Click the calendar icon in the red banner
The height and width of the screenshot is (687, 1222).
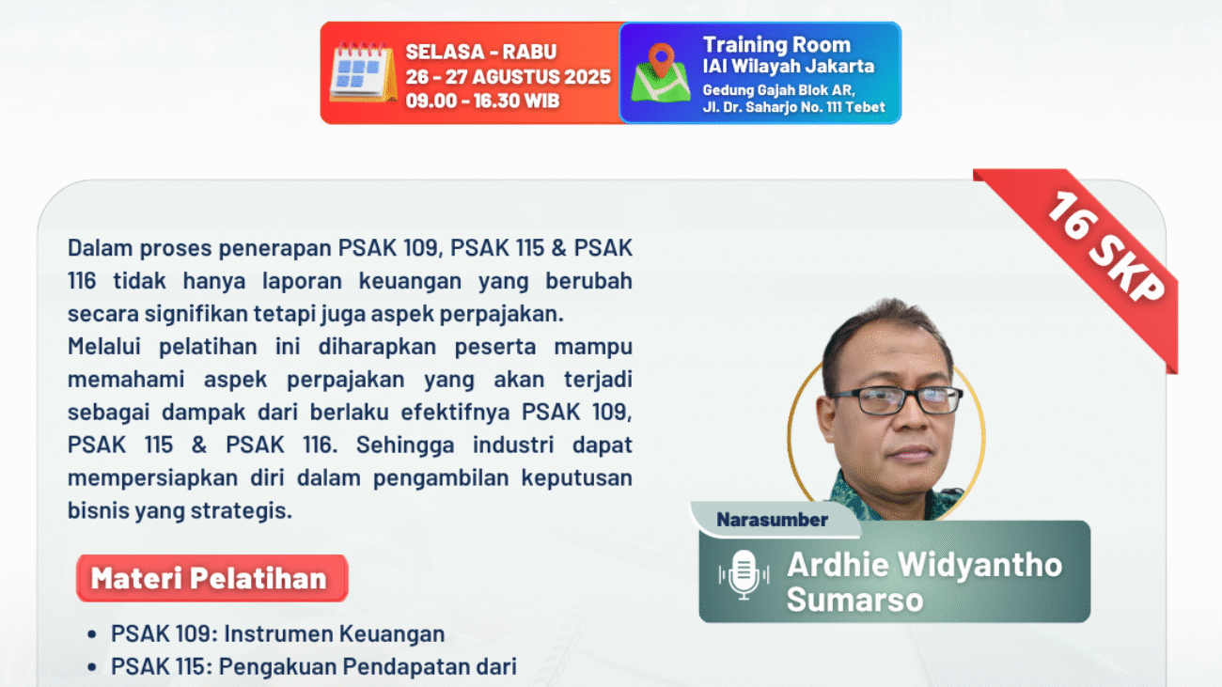coord(363,73)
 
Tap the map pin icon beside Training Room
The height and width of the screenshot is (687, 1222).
coord(661,72)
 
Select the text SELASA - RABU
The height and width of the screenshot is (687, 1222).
coord(480,53)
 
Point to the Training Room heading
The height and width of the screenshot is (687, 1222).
coord(776,45)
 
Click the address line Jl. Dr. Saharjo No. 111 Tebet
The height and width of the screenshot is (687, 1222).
coord(793,107)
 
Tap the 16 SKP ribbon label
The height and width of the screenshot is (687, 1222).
coord(1104,247)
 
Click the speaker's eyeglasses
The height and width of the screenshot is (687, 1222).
coord(894,400)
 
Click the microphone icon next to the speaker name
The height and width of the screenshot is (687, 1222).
coord(743,574)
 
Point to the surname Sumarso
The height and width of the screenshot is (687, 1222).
coord(854,600)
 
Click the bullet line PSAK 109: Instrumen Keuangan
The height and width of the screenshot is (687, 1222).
coord(277,634)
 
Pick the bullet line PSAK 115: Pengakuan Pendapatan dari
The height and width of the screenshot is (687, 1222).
coord(313,667)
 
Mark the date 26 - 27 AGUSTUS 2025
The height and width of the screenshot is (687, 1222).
coord(508,77)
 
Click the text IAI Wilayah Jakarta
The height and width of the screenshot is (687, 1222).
coord(788,67)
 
